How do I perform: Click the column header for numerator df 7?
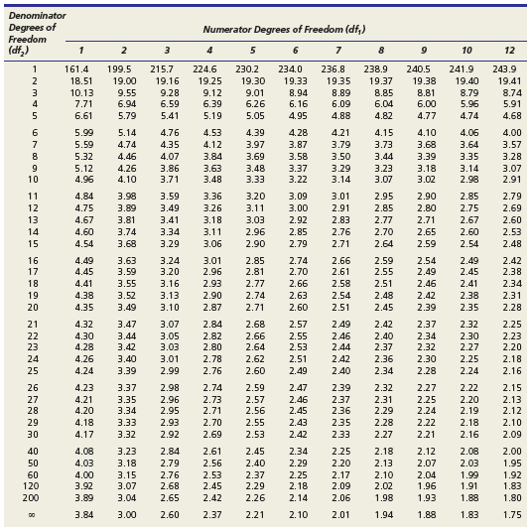pyautogui.click(x=338, y=51)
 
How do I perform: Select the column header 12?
pyautogui.click(x=509, y=51)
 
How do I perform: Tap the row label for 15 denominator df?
pyautogui.click(x=33, y=243)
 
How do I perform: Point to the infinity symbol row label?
pyautogui.click(x=31, y=515)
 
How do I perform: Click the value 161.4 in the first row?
pyautogui.click(x=76, y=69)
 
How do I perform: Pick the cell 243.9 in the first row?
pyautogui.click(x=504, y=69)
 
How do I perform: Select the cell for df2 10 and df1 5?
pyautogui.click(x=255, y=179)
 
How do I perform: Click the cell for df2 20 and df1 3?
pyautogui.click(x=170, y=307)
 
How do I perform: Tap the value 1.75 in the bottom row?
pyautogui.click(x=512, y=515)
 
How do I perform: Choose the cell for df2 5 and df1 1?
pyautogui.click(x=83, y=116)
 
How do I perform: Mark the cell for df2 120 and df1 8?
pyautogui.click(x=384, y=486)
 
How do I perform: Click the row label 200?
pyautogui.click(x=31, y=497)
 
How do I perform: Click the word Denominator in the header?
pyautogui.click(x=38, y=16)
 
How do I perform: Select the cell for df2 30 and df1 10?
pyautogui.click(x=469, y=435)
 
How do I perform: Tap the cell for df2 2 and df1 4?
pyautogui.click(x=212, y=81)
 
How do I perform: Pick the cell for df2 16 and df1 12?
pyautogui.click(x=512, y=261)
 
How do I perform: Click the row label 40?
pyautogui.click(x=33, y=452)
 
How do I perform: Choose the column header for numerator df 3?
pyautogui.click(x=167, y=51)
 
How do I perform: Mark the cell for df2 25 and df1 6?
pyautogui.click(x=298, y=370)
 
